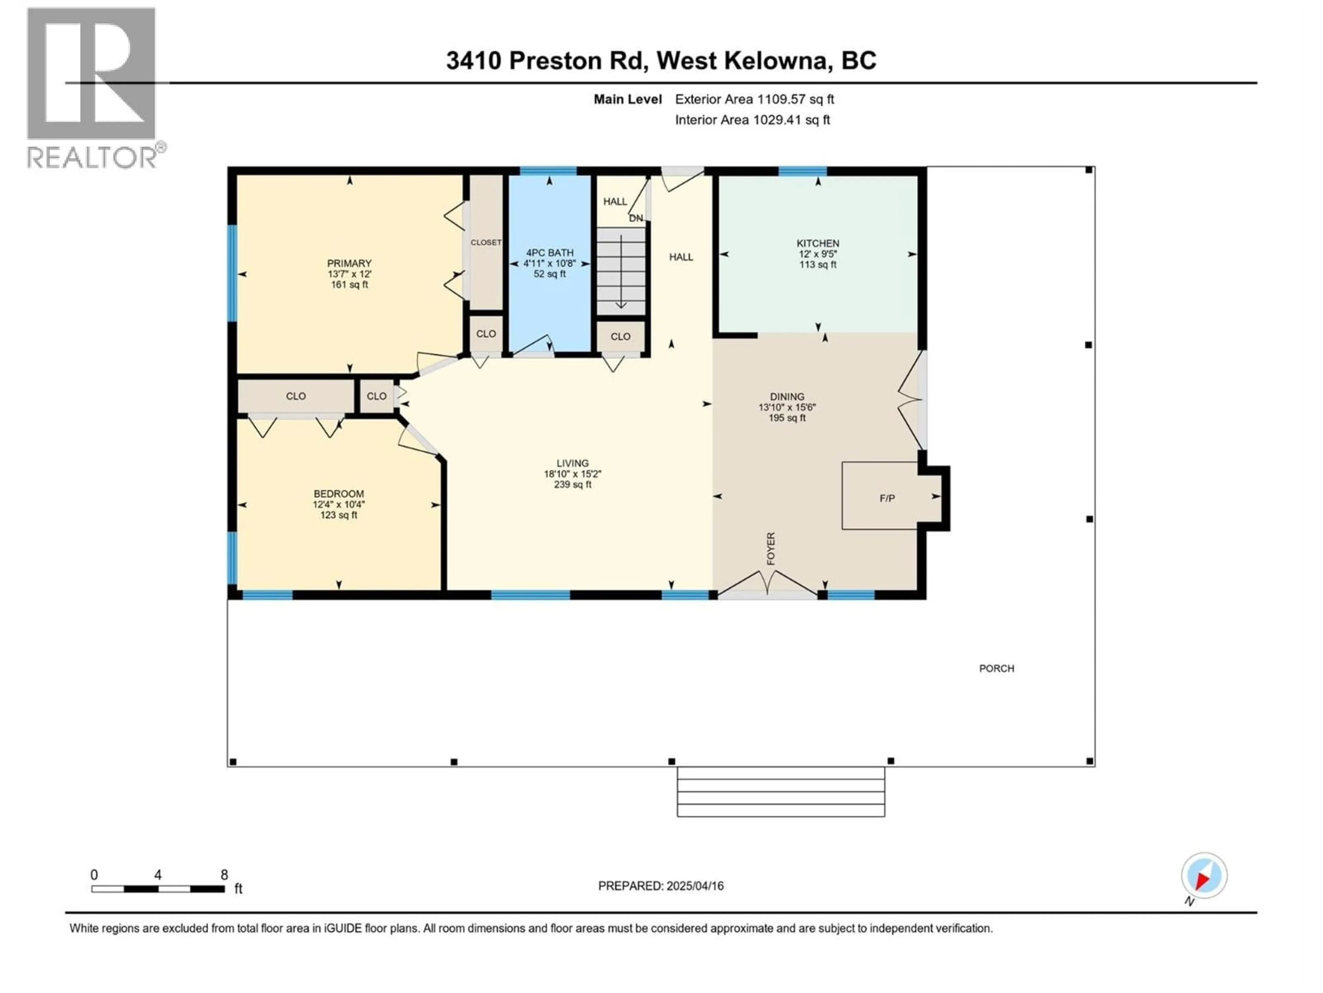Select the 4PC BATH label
point(549,253)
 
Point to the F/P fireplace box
point(886,498)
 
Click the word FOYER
point(770,548)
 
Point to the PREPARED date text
point(660,886)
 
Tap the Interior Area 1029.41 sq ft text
point(752,120)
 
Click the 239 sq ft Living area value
point(572,484)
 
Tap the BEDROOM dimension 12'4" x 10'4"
point(339,504)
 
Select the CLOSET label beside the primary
point(486,242)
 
